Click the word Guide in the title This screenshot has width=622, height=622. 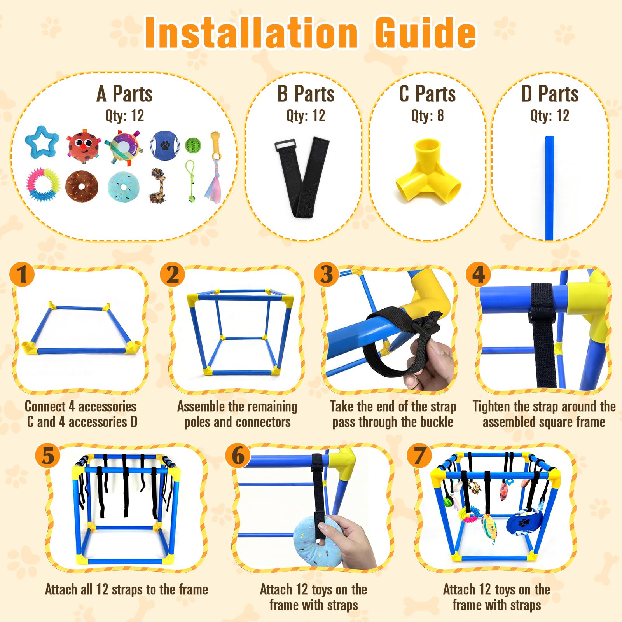click(425, 33)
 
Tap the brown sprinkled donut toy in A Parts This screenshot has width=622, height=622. click(81, 186)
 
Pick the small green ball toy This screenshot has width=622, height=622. click(193, 145)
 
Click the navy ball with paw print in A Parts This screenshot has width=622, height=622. click(165, 145)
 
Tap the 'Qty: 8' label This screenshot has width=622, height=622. click(427, 115)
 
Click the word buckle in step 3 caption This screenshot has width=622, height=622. click(434, 422)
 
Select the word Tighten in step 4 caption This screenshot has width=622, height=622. click(491, 406)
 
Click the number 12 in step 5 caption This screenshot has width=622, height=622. click(102, 589)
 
